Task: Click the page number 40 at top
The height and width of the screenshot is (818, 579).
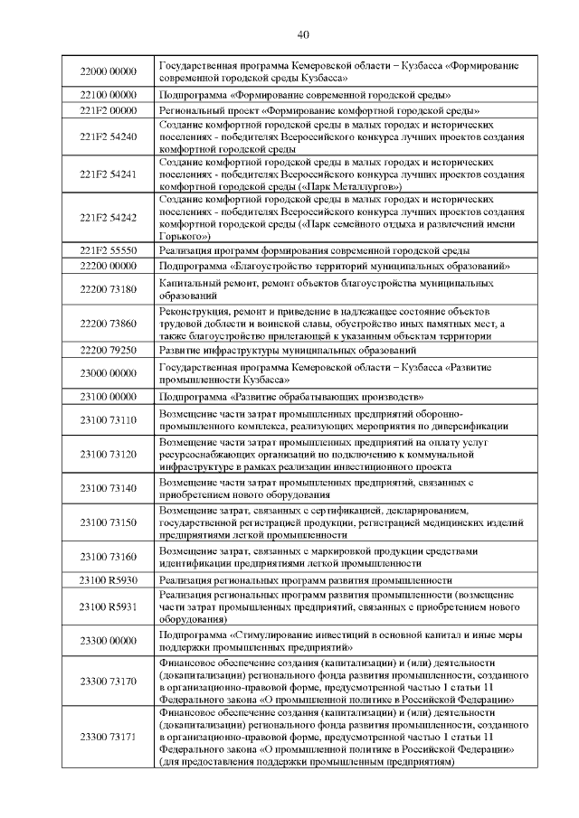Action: coord(302,35)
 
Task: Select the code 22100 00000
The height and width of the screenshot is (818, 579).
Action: coord(108,94)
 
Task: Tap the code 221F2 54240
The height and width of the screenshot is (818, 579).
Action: coord(108,136)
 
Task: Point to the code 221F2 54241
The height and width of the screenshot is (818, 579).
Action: coord(108,174)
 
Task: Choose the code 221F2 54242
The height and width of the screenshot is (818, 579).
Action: coord(108,217)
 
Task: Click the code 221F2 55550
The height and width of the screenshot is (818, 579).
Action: coord(108,249)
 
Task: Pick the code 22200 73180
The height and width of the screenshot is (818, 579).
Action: coord(108,289)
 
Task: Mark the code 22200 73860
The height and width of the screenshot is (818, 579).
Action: coord(108,324)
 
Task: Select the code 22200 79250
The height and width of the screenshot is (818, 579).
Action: coord(108,350)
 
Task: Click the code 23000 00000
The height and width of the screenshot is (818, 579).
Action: coord(108,373)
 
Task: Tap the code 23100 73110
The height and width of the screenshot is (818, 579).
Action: coord(108,420)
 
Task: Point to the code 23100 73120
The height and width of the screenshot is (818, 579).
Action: coord(108,454)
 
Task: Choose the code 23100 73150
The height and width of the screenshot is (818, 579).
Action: coord(108,522)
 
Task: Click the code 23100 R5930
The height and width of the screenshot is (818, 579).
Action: coord(108,579)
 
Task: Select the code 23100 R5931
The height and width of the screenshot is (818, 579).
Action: coord(108,607)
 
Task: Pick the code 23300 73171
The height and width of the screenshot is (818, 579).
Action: coord(108,738)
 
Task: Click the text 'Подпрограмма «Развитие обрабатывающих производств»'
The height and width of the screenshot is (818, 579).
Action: coord(292,397)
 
